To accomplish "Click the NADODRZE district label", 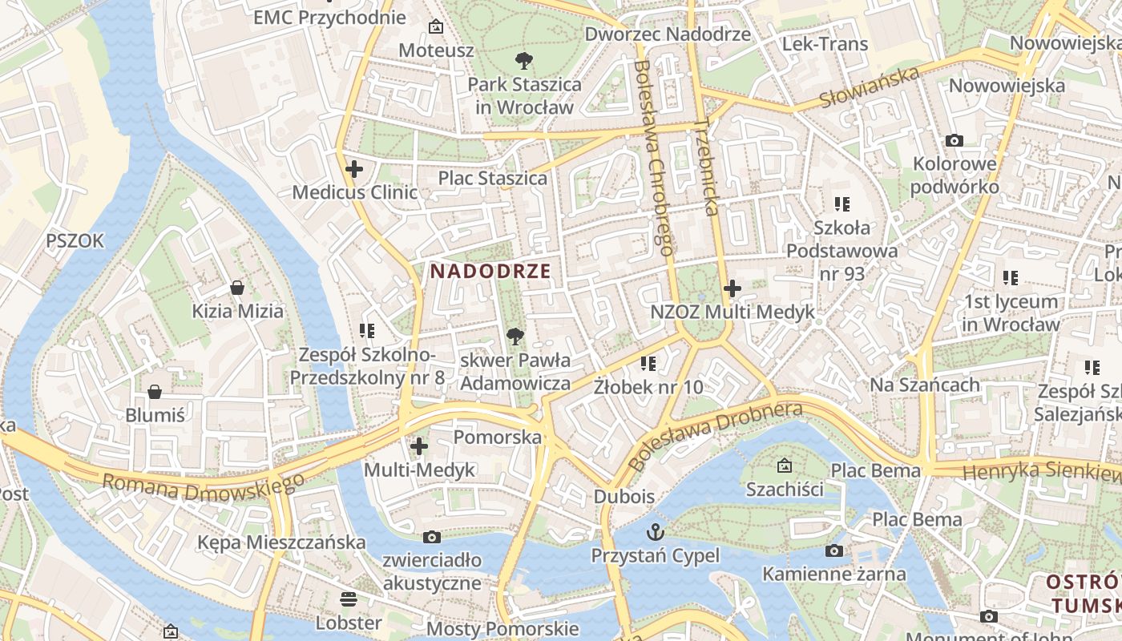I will click(x=490, y=271).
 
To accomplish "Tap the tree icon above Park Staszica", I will click(x=524, y=59).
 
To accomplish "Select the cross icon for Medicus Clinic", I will click(x=353, y=169).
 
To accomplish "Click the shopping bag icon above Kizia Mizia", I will click(x=237, y=287).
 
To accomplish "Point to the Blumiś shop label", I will click(x=155, y=415).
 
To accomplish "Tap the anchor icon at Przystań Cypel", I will click(x=656, y=531).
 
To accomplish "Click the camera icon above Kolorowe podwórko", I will click(x=954, y=140).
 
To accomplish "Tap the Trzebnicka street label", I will click(x=705, y=167).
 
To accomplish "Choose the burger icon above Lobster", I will click(x=348, y=599).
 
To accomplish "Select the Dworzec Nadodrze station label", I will click(x=668, y=34).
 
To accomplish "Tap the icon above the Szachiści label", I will click(x=784, y=465).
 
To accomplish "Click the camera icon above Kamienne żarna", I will click(x=834, y=550).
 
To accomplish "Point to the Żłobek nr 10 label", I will click(x=648, y=387).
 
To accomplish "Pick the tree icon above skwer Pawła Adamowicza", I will click(x=515, y=337).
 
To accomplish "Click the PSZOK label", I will click(x=75, y=240).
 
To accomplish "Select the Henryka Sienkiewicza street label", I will click(x=1042, y=471).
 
